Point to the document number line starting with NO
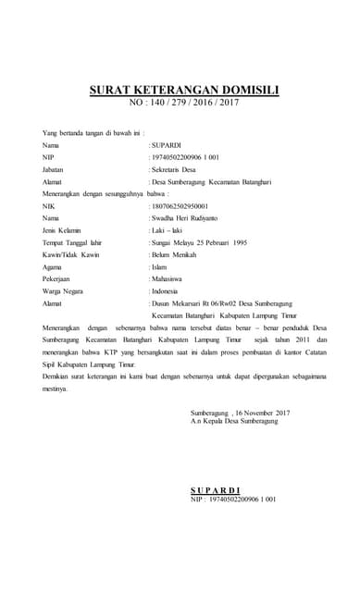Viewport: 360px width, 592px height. [x=185, y=104]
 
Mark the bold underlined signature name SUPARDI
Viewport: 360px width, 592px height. [x=215, y=489]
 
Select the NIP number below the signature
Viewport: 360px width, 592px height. [x=233, y=499]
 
